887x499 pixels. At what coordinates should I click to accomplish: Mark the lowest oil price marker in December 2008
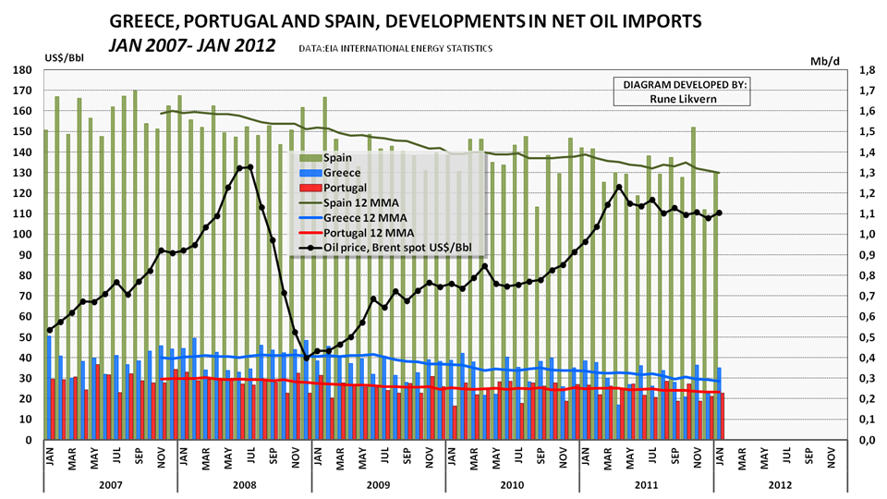pyautogui.click(x=307, y=358)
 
